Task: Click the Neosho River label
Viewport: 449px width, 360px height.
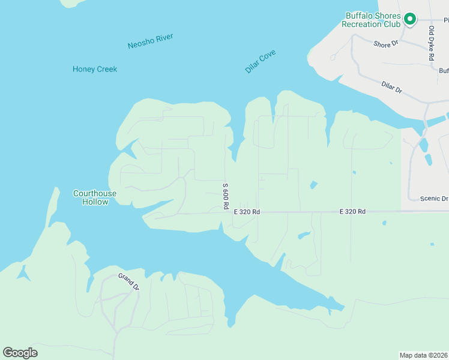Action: pyautogui.click(x=150, y=41)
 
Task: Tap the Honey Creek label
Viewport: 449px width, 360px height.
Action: pyautogui.click(x=95, y=69)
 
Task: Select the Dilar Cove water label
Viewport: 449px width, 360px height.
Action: pyautogui.click(x=260, y=62)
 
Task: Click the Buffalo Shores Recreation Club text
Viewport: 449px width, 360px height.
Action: pyautogui.click(x=370, y=20)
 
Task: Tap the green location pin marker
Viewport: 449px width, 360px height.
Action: pyautogui.click(x=410, y=19)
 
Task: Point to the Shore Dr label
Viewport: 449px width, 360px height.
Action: pyautogui.click(x=385, y=44)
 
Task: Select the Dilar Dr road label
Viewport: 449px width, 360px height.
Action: pyautogui.click(x=391, y=88)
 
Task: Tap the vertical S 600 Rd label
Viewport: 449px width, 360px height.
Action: pyautogui.click(x=226, y=196)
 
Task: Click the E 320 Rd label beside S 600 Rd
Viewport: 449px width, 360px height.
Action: pyautogui.click(x=247, y=212)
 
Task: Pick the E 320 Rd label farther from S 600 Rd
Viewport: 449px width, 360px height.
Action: pyautogui.click(x=352, y=212)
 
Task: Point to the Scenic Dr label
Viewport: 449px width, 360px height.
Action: pyautogui.click(x=434, y=199)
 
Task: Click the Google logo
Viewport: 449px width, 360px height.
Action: pyautogui.click(x=20, y=353)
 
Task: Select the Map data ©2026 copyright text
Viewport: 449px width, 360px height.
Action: pyautogui.click(x=423, y=355)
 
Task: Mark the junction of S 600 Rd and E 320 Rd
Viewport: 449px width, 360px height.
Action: pyautogui.click(x=226, y=212)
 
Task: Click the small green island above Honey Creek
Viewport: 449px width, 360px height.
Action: pyautogui.click(x=73, y=3)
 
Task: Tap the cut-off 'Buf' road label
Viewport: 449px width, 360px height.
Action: pyautogui.click(x=443, y=70)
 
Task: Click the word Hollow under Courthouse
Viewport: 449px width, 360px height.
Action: pyautogui.click(x=95, y=202)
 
